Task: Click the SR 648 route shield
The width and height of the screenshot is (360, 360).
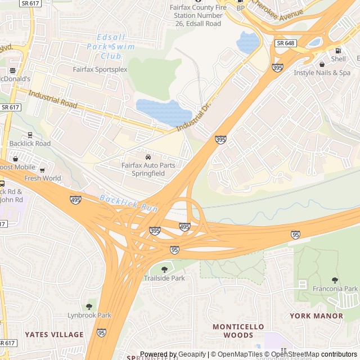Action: [x=285, y=43]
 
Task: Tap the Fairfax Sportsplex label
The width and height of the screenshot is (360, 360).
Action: [x=100, y=70]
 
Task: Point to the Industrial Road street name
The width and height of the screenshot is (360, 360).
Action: [x=53, y=100]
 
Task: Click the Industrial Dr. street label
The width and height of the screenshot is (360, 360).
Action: [x=191, y=118]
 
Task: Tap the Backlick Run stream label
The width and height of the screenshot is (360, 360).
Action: [x=128, y=203]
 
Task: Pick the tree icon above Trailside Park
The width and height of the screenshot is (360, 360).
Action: [x=164, y=269]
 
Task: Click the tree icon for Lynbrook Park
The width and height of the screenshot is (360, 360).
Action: [x=89, y=307]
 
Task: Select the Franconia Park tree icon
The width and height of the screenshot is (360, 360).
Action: [x=335, y=280]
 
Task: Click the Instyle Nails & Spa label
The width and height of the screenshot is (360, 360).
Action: [x=322, y=73]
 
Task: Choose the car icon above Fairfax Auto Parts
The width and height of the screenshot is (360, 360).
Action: [x=148, y=157]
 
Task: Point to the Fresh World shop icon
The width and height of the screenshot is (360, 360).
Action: [x=42, y=170]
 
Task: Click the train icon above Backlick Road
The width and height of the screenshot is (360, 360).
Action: [x=30, y=135]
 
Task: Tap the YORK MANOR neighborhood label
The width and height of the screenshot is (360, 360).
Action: [x=317, y=316]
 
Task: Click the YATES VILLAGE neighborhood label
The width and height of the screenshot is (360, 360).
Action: [x=54, y=335]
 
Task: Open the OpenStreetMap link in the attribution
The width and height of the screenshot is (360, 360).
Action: [x=297, y=354]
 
